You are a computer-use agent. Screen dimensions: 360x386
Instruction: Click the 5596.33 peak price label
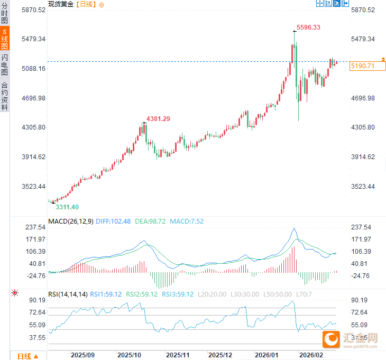pos(308,27)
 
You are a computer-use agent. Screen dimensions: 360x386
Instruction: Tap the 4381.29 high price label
pos(158,118)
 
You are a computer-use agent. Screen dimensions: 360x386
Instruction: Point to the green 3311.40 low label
pos(67,207)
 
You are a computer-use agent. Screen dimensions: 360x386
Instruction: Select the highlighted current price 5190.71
pos(362,66)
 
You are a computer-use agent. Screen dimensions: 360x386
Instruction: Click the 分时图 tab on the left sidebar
pos(5,14)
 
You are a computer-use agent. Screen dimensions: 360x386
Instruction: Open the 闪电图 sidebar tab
pos(5,64)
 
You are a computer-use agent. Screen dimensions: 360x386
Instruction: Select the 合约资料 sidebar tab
pos(5,95)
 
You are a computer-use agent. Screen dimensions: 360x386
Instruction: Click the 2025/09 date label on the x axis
pos(83,355)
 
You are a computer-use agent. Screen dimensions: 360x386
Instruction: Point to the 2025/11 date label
pos(178,355)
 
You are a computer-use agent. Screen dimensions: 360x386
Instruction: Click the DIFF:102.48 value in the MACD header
pos(113,221)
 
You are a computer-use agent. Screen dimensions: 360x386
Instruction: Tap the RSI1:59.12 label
pos(106,294)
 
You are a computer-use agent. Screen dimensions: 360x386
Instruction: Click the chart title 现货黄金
pos(61,4)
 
